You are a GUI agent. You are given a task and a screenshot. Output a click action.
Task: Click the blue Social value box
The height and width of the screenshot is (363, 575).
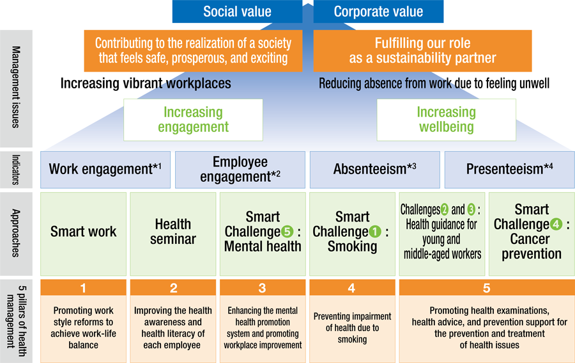(x=237, y=12)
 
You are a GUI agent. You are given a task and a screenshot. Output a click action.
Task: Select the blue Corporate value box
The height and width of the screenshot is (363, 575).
(x=378, y=12)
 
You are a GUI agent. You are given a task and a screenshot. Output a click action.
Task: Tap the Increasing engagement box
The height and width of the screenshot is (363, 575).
(x=193, y=120)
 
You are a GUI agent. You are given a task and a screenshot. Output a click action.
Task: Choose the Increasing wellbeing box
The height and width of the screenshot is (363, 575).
(x=447, y=120)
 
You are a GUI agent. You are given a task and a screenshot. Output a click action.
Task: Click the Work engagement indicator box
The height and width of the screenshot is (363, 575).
(x=105, y=170)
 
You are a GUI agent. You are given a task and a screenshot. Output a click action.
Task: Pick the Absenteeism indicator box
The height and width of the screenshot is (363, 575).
(x=375, y=170)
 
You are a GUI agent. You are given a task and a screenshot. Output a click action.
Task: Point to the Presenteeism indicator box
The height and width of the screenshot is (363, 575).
(x=510, y=170)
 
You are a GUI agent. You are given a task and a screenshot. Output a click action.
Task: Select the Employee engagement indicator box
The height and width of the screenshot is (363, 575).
(x=240, y=170)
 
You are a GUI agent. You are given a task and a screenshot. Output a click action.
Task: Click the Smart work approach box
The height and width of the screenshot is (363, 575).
(x=83, y=234)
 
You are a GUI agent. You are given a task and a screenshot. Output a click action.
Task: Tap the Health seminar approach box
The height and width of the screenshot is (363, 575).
(x=173, y=234)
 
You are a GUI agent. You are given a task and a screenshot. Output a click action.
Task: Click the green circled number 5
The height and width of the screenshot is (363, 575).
(x=287, y=232)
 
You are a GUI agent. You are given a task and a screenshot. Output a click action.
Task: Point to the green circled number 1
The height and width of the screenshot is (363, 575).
(x=375, y=232)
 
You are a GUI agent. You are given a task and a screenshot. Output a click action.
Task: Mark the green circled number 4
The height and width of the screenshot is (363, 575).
(x=556, y=224)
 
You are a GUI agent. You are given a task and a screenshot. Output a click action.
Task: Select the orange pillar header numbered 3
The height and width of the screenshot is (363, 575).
(x=263, y=287)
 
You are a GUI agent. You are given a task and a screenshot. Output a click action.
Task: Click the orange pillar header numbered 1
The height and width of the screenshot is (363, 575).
(x=83, y=287)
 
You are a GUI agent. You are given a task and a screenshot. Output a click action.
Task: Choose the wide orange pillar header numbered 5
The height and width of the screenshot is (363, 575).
(x=487, y=287)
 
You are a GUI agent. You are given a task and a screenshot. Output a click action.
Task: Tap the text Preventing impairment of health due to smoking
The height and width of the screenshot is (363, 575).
(x=353, y=328)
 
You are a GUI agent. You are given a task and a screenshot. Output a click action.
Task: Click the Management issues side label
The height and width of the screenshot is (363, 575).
(x=16, y=87)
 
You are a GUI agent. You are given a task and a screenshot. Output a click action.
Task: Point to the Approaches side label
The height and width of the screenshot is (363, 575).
(x=16, y=233)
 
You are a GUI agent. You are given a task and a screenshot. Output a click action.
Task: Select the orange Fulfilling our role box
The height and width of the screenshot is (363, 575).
(x=422, y=51)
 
